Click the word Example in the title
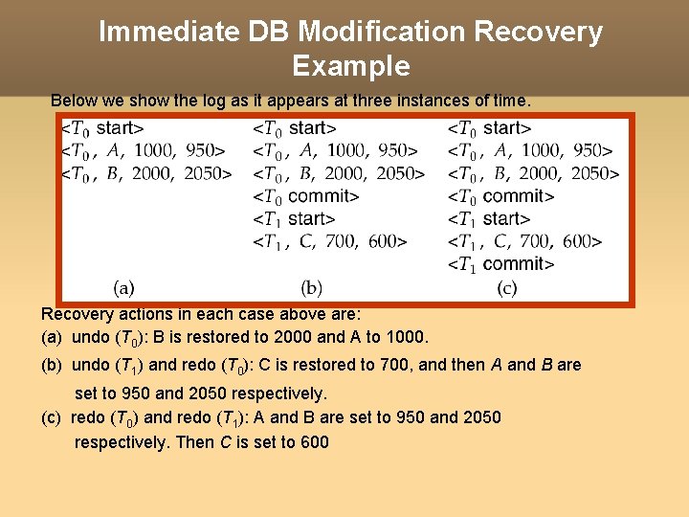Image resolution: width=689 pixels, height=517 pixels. (351, 66)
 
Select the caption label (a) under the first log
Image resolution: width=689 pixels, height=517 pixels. (123, 286)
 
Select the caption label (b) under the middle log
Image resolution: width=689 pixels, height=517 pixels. (311, 286)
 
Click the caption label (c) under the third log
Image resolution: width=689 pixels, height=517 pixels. (506, 286)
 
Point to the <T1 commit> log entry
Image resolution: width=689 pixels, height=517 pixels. (501, 263)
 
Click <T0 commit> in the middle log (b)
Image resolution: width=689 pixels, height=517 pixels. (306, 196)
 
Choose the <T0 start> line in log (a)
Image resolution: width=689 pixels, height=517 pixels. (103, 127)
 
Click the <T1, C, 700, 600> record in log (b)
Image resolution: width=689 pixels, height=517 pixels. (330, 241)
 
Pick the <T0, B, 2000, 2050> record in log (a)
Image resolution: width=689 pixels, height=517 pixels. (146, 173)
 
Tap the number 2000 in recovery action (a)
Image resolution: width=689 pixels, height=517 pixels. (294, 337)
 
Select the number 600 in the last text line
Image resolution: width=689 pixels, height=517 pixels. (314, 442)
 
